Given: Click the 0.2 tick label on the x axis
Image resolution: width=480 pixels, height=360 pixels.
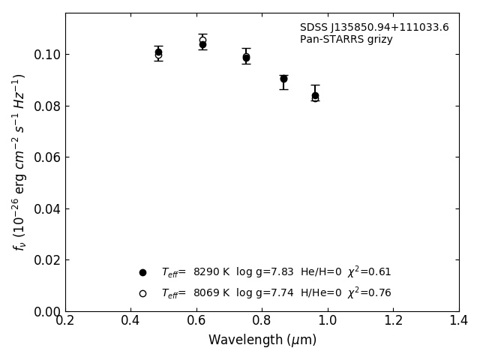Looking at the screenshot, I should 65,321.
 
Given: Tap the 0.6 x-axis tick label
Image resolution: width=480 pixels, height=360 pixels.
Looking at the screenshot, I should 196,321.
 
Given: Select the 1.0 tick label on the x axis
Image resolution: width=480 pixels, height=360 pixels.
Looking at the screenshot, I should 328,321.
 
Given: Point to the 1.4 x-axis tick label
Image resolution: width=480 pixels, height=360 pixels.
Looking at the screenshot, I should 459,321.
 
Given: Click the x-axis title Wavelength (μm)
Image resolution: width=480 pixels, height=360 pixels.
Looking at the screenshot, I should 262,340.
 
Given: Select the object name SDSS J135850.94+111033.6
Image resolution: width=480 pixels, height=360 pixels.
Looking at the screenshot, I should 374,28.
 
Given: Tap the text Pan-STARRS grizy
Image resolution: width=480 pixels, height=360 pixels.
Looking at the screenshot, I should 346,40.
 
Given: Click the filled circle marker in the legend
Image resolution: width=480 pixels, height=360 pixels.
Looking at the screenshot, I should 142,272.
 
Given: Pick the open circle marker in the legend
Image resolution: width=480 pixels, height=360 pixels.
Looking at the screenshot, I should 142,293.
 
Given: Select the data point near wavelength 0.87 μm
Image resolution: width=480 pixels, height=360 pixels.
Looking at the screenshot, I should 283,79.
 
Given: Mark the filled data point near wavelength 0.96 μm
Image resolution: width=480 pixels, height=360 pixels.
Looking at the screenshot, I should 315,95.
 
